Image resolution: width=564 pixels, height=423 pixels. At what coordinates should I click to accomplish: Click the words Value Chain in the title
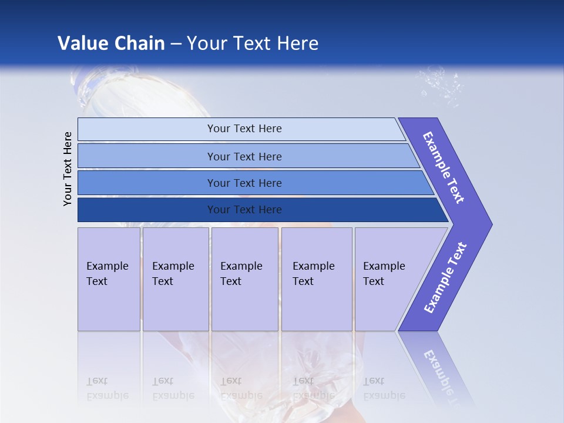[111, 43]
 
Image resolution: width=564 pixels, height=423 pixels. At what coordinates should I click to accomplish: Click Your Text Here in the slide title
[253, 43]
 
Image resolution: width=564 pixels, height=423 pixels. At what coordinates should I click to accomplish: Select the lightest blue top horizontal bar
[244, 129]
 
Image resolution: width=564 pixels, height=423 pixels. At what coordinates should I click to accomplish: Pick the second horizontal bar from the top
[244, 156]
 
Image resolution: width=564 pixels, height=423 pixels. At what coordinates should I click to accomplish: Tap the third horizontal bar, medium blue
[244, 183]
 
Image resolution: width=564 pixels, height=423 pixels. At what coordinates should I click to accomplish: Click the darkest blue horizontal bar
[244, 210]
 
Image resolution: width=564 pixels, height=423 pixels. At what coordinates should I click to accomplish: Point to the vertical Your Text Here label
[68, 169]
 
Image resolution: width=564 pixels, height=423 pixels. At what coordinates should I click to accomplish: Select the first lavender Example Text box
[109, 279]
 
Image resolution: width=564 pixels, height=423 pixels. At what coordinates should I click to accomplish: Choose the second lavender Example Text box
[175, 279]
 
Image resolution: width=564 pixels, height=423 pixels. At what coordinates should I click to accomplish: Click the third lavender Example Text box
[244, 279]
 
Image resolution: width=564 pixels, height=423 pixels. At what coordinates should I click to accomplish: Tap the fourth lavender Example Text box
[316, 279]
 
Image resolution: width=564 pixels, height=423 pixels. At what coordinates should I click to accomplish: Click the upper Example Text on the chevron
[444, 167]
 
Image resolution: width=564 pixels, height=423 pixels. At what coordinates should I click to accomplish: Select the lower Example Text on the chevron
[445, 278]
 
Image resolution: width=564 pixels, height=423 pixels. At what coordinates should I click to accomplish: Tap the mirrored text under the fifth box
[384, 388]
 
